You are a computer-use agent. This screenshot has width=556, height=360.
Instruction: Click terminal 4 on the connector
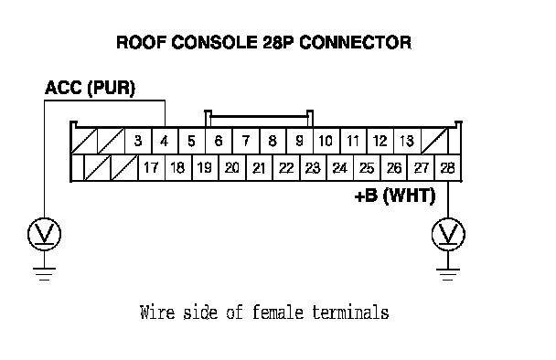click(x=165, y=141)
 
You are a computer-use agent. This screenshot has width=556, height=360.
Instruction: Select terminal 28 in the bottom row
click(x=448, y=167)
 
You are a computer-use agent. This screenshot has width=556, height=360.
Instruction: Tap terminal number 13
click(x=407, y=141)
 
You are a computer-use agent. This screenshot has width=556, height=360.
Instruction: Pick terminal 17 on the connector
click(x=152, y=167)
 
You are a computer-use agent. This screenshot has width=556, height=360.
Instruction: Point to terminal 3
click(x=138, y=141)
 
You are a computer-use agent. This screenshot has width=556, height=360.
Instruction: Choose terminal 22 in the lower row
click(x=286, y=167)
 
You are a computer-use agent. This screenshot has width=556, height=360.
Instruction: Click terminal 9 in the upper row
click(x=300, y=141)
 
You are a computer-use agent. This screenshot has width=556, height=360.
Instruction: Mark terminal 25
click(x=367, y=167)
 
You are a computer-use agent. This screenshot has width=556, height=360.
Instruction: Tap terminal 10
click(x=326, y=141)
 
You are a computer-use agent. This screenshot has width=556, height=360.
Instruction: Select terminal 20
click(x=232, y=167)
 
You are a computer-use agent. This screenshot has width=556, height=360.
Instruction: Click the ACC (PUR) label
click(x=90, y=88)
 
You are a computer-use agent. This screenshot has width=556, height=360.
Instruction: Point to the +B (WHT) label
click(x=395, y=196)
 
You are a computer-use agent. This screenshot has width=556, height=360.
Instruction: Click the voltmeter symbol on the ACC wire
click(x=44, y=234)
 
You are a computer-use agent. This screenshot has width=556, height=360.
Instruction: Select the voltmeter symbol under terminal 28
click(x=448, y=234)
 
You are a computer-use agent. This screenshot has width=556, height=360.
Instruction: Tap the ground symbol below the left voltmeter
click(x=44, y=274)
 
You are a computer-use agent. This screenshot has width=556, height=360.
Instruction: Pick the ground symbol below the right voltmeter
click(x=448, y=274)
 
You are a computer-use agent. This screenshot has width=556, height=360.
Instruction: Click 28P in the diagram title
click(x=278, y=42)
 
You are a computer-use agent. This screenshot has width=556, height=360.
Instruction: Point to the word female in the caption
click(x=278, y=312)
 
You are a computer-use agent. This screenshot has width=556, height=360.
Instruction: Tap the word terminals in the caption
click(x=350, y=312)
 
